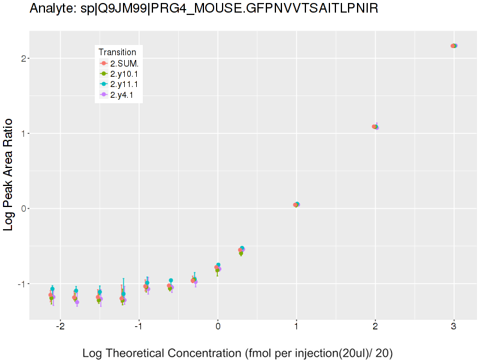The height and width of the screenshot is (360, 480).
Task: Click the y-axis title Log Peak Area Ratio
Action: coord(10,174)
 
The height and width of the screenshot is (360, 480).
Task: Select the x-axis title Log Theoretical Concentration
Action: coord(237,353)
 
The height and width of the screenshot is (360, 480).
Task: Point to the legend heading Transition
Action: coord(121,52)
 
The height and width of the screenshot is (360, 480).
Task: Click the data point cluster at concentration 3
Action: coord(454,46)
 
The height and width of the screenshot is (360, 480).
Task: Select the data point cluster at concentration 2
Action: coord(375,127)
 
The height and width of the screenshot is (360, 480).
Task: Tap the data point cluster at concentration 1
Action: coord(296,205)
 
